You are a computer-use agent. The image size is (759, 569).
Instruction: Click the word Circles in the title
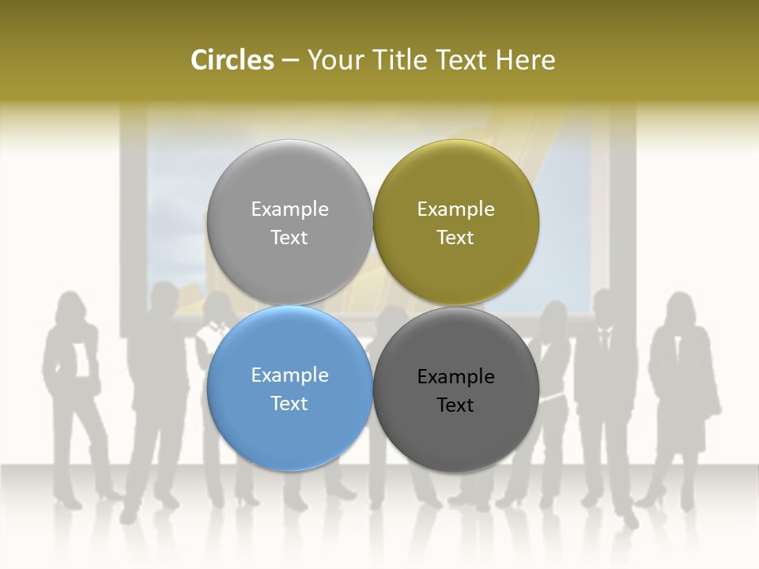(232, 60)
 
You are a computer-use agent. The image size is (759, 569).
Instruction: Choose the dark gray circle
(456, 435)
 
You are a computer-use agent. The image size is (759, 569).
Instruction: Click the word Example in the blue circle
(289, 375)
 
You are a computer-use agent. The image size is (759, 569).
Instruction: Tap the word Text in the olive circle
(455, 238)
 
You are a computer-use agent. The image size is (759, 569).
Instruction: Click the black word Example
(455, 377)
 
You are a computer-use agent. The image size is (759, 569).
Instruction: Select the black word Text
(455, 405)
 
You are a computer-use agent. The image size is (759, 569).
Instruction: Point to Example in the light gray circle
(289, 209)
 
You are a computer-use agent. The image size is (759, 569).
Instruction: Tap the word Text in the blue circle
(289, 404)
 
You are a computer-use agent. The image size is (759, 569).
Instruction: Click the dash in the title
(290, 61)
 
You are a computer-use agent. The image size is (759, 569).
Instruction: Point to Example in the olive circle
(455, 209)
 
